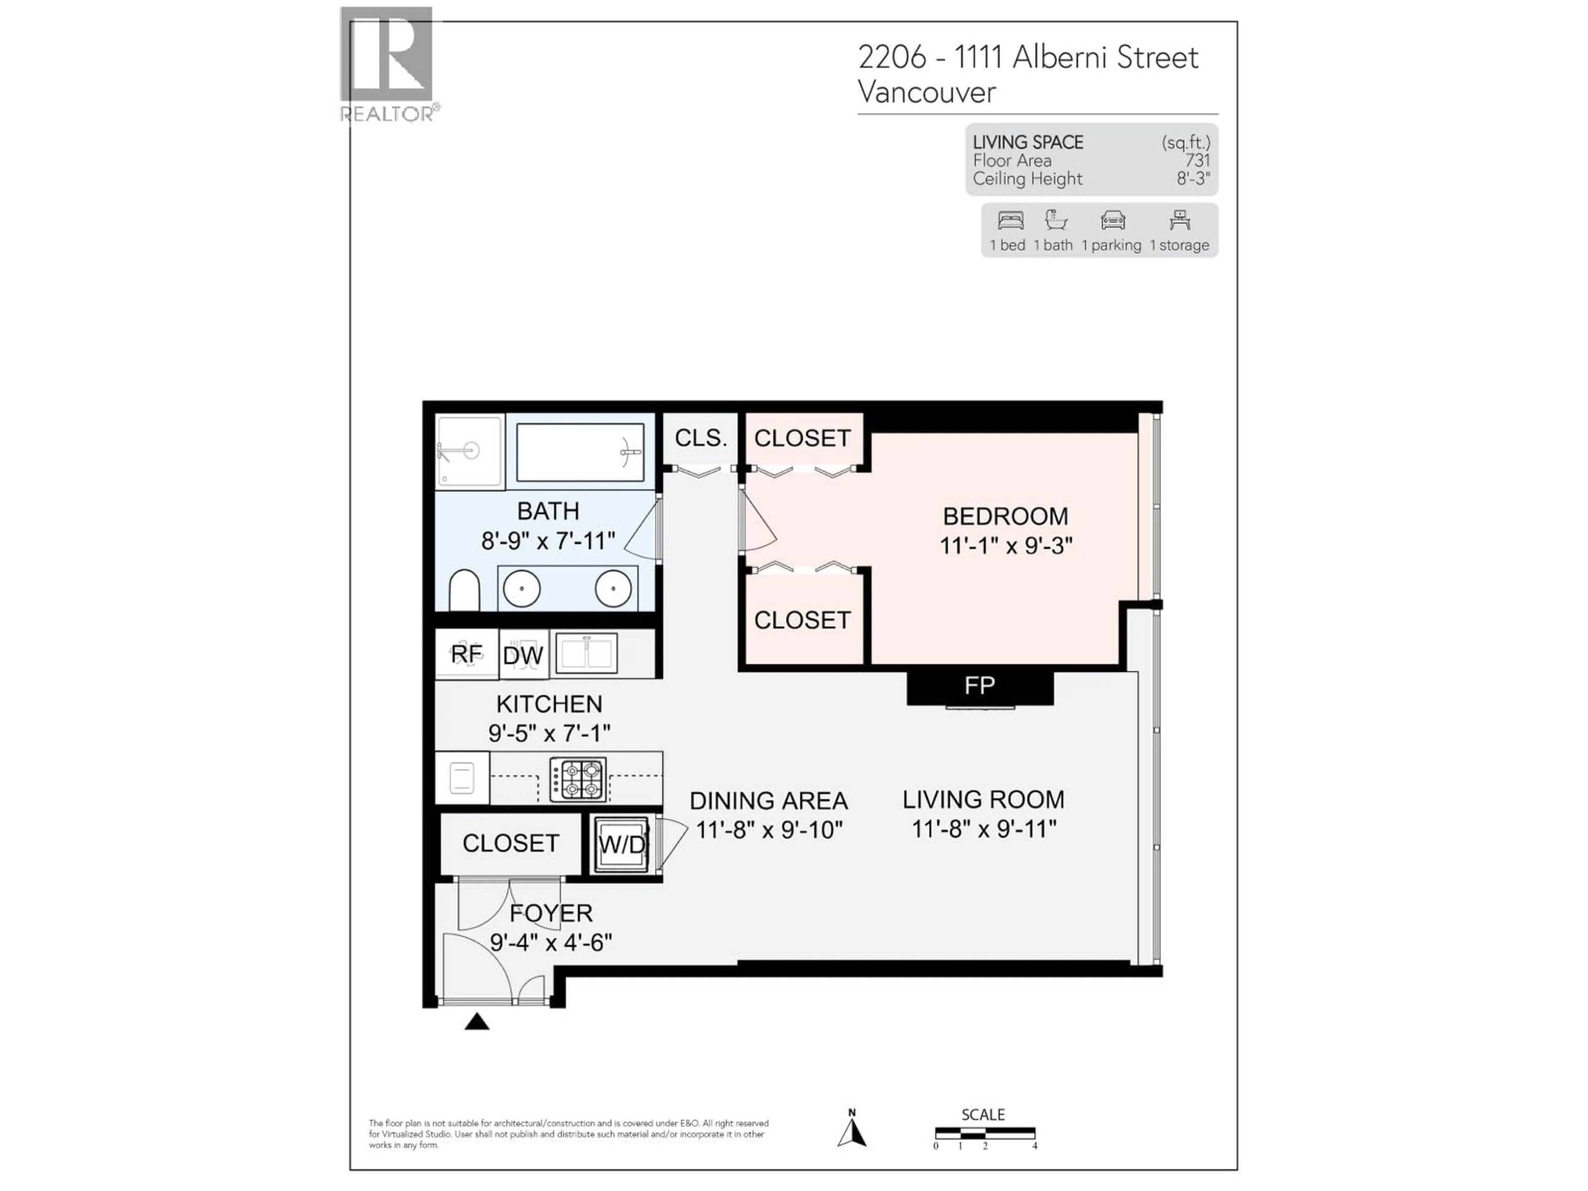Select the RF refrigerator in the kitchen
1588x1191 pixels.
(x=466, y=654)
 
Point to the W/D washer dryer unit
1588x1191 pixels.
(x=621, y=844)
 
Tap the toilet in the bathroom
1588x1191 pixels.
(x=464, y=590)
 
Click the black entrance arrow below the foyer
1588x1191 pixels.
(x=477, y=1021)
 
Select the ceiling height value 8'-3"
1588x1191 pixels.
(x=1193, y=179)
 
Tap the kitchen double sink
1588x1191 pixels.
(x=586, y=653)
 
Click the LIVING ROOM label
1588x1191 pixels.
(x=983, y=799)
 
